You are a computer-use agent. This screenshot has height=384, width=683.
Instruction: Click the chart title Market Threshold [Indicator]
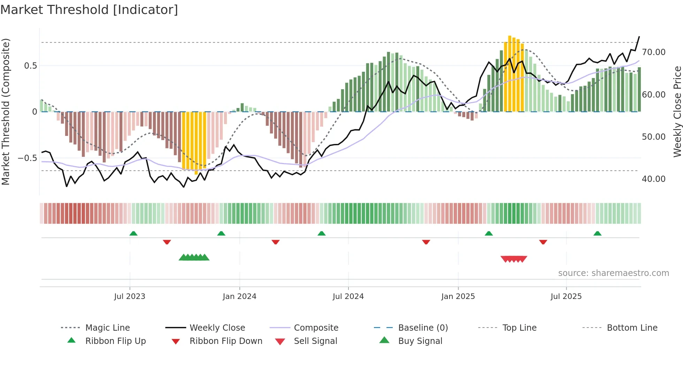pos(89,10)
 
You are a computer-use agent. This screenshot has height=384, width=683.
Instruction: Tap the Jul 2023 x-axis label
pos(130,297)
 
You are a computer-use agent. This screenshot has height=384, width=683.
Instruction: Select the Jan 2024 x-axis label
pos(239,297)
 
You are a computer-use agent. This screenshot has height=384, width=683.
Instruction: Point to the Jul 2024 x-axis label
pos(348,297)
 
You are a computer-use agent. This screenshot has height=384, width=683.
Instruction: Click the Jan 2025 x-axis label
pos(458,297)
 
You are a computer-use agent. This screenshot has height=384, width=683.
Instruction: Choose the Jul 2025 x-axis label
pos(566,297)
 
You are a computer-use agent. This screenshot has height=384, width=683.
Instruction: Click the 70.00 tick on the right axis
pos(654,52)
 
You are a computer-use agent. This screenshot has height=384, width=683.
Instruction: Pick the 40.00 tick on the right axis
pos(654,179)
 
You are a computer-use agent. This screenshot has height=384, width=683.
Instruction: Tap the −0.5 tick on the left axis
pos(28,158)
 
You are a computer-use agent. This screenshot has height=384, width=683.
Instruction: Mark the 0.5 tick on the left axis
pos(30,66)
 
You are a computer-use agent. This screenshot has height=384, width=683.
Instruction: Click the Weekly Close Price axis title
pos(677,112)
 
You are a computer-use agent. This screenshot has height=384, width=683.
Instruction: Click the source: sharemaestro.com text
pos(613,273)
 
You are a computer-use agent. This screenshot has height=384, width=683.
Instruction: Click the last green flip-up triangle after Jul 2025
pos(598,233)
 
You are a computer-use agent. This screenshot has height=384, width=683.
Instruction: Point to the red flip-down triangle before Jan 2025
pos(426,242)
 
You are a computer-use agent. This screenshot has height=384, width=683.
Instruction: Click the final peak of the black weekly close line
pos(639,37)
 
